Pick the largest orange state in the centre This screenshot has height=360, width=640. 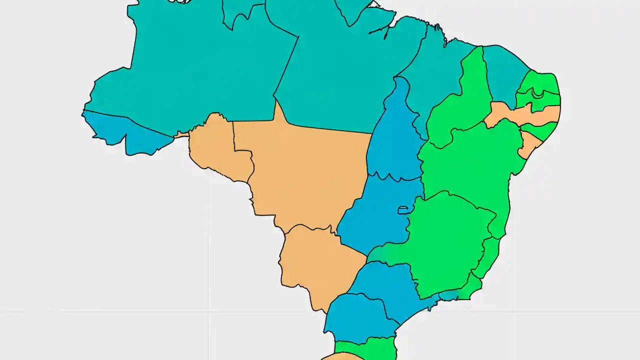click(305, 170)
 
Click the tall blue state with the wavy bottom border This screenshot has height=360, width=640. click(395, 135)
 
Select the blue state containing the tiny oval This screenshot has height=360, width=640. click(380, 215)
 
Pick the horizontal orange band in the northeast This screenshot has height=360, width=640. click(525, 115)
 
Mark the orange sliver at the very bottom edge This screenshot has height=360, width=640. click(340, 356)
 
